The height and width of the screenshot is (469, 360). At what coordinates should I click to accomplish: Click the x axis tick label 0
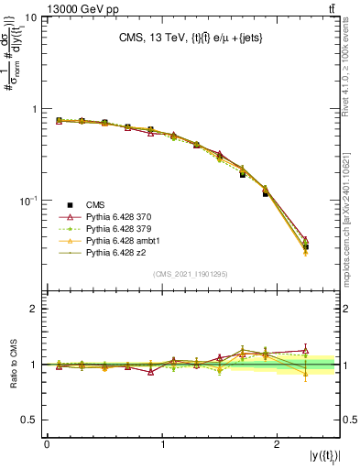47,443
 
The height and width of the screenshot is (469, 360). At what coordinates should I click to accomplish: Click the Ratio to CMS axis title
12,364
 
